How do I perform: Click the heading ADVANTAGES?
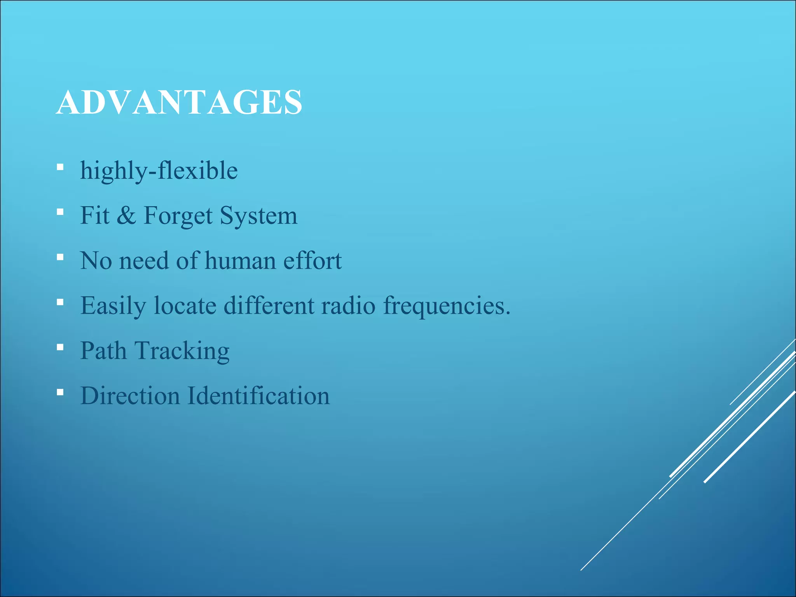(x=179, y=102)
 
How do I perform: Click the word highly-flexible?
(x=159, y=171)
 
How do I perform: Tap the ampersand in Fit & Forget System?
(x=126, y=216)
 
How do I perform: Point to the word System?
(x=258, y=216)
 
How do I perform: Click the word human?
(x=240, y=260)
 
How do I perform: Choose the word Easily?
(x=113, y=306)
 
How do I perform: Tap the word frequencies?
(x=447, y=306)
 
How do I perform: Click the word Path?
(x=103, y=351)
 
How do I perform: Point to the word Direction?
(x=130, y=396)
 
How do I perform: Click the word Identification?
(x=258, y=396)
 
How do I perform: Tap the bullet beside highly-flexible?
(x=60, y=168)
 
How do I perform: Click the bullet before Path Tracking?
(x=60, y=347)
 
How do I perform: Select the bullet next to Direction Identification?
(x=60, y=393)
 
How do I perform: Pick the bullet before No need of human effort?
(x=60, y=257)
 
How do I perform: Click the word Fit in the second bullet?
(x=94, y=216)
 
